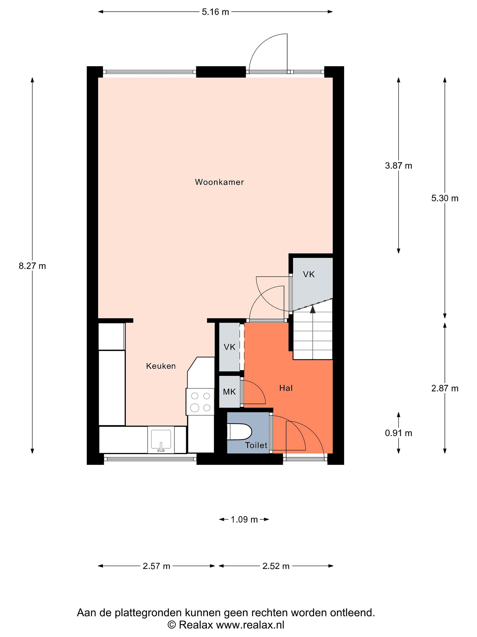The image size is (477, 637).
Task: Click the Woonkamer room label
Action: coord(219,182)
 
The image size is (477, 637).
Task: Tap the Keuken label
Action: coord(161,366)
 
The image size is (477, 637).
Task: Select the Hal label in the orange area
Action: coord(286,388)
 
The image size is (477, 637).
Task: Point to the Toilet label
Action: coord(256,445)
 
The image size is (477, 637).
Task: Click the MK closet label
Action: coord(229,392)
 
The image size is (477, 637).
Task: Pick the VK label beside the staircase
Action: coord(309,274)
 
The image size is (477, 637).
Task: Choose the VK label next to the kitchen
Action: coord(229,347)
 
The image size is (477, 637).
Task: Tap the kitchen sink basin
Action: coord(161,440)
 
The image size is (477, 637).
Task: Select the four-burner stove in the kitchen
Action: coord(200,402)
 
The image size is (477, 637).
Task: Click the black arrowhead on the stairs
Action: coord(312,309)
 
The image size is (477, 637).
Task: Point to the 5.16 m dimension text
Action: coord(215,12)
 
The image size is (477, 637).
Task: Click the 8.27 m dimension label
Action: coord(32,266)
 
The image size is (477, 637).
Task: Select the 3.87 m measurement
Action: coord(399,166)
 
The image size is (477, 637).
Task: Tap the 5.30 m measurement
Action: coord(445,198)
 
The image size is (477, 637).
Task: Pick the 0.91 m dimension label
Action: coord(399,433)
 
